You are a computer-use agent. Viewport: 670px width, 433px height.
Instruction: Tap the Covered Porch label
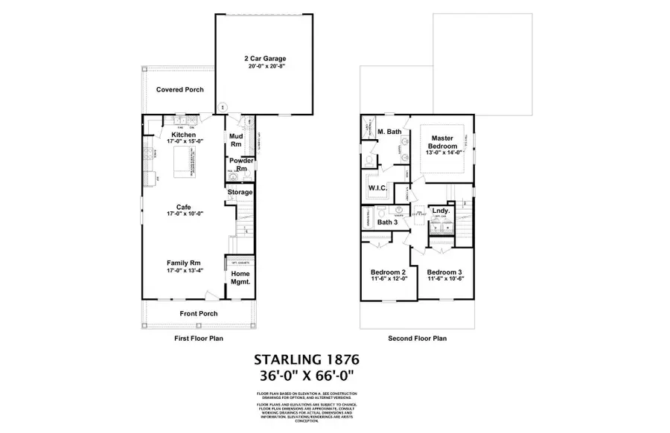179,90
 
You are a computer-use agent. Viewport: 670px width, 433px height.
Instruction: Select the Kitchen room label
183,135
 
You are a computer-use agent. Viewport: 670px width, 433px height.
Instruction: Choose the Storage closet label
240,192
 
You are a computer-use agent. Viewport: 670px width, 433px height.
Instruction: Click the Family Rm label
183,262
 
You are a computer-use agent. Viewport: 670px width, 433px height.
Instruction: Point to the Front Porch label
199,313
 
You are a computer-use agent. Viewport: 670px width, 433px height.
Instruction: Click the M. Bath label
389,132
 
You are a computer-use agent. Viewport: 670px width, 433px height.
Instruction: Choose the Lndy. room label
440,211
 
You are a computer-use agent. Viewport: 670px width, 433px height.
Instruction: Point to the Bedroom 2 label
388,273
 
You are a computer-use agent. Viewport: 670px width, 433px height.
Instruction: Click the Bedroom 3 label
444,273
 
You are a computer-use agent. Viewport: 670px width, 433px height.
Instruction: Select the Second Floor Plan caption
417,338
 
